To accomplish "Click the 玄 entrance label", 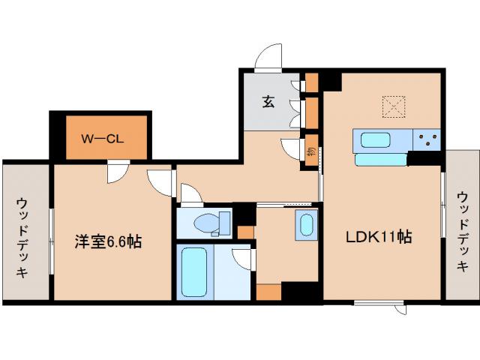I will tap(267, 102).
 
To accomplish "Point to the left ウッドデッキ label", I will tap(23, 237).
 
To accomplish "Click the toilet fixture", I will tap(211, 223).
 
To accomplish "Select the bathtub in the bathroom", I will tap(196, 271).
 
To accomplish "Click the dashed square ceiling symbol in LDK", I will tap(392, 106).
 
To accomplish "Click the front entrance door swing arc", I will tap(268, 57).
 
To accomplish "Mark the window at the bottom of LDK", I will tap(374, 303).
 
